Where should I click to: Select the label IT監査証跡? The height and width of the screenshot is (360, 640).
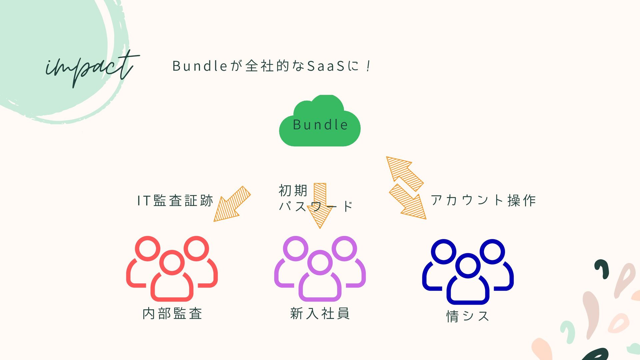[x=175, y=201]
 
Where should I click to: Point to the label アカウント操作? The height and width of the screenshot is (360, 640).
[x=483, y=200]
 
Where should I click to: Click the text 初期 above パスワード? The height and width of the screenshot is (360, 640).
[x=293, y=191]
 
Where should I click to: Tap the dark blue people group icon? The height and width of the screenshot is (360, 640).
[x=468, y=271]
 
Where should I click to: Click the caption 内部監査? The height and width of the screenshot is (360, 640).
[x=172, y=314]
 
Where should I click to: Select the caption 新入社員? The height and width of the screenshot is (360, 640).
[x=320, y=314]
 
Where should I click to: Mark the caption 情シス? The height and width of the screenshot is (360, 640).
[x=468, y=316]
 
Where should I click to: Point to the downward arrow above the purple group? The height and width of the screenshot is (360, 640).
[x=320, y=205]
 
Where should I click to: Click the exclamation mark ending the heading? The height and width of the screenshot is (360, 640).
[x=368, y=66]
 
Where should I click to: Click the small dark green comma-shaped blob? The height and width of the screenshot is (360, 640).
[x=602, y=268]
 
